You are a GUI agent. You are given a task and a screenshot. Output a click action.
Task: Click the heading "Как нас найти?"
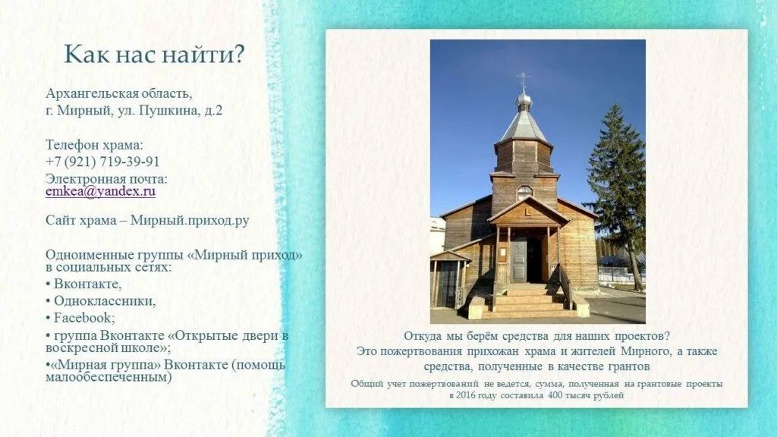coord(154,54)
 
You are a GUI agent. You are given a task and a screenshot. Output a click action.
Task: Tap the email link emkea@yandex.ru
coord(100,192)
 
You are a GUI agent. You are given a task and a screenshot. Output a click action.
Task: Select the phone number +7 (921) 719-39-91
coord(102,162)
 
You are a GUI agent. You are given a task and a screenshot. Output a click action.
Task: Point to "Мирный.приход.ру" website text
coord(190,221)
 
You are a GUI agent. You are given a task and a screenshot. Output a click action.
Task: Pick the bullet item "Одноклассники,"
coord(105,300)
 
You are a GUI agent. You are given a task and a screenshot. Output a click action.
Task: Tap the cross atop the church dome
coord(523,79)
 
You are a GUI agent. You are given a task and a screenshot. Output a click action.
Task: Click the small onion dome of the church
coord(523,99)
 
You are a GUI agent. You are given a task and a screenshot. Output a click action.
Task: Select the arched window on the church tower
coord(524,192)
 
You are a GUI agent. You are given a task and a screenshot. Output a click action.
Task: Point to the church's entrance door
coord(520,260)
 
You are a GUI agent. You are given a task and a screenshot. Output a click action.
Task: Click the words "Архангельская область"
coord(118,94)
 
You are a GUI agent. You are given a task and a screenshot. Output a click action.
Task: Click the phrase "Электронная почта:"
coord(106,179)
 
